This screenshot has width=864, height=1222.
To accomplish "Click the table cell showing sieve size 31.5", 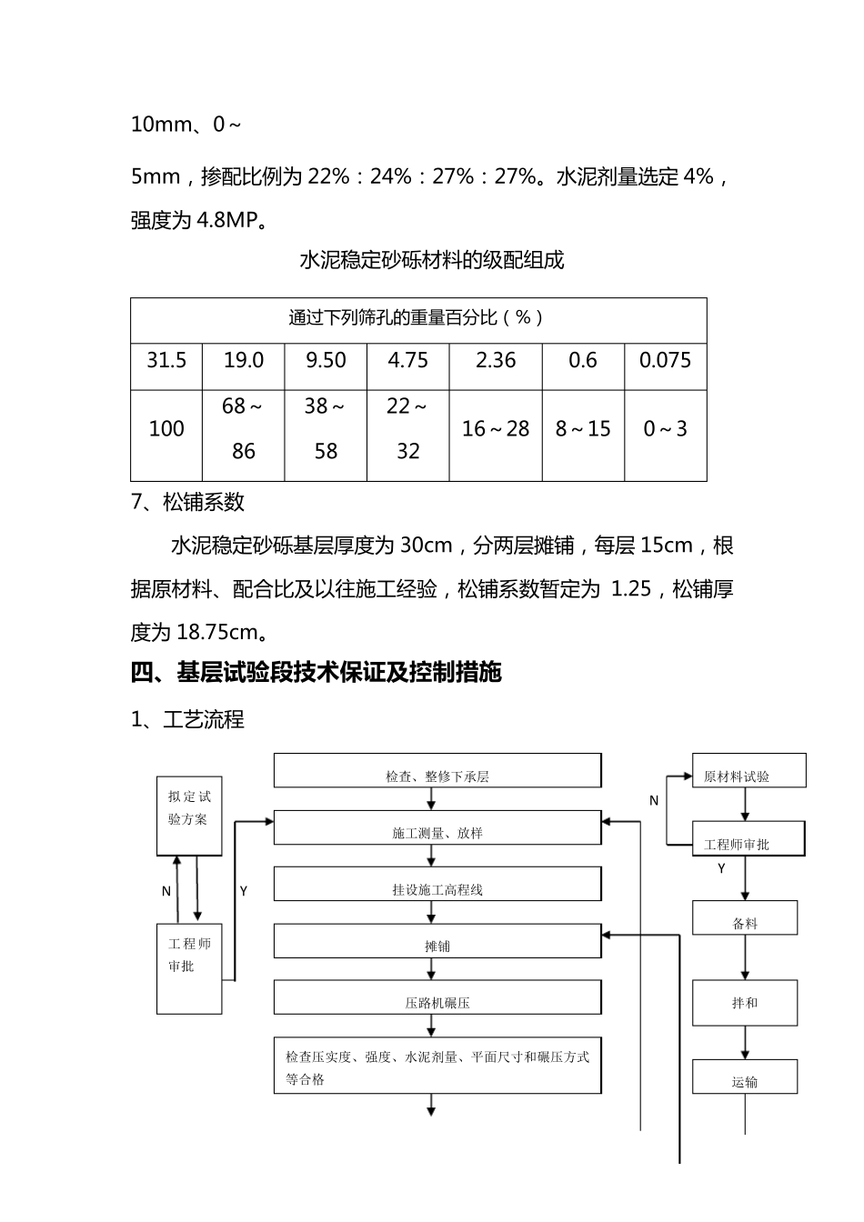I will [x=166, y=361].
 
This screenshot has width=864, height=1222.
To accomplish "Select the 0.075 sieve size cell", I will [x=665, y=361].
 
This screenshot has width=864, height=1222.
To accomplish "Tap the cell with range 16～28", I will [x=496, y=429].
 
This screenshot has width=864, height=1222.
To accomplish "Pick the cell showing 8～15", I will [x=583, y=429].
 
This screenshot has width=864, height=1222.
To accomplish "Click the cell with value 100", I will [x=166, y=429].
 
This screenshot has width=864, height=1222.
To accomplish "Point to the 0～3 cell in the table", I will [x=665, y=429].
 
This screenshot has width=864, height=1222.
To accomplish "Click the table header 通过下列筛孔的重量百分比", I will [x=417, y=318].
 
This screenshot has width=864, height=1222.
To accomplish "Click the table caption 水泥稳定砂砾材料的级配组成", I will [x=432, y=261].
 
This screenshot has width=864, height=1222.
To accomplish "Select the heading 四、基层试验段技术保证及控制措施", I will [x=316, y=673].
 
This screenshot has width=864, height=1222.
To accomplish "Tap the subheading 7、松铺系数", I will [x=188, y=503].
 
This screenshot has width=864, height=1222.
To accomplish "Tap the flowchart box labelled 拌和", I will [x=745, y=1003].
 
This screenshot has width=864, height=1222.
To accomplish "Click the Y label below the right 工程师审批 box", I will [x=722, y=869].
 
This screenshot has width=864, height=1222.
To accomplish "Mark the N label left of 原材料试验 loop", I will [x=654, y=801].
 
